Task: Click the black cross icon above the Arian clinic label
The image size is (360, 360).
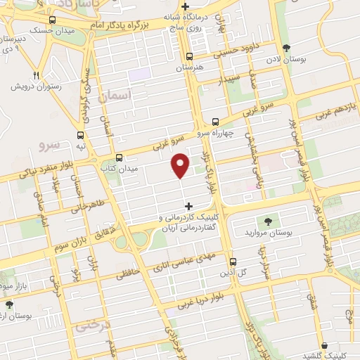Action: pos(188,206)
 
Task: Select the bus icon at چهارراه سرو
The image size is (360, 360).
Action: pos(215,120)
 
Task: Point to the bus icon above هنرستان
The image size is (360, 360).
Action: pos(188,56)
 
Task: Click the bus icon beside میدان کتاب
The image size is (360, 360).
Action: pos(119,158)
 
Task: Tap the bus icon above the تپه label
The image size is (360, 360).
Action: pos(82,134)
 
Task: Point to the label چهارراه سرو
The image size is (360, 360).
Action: pos(212,132)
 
